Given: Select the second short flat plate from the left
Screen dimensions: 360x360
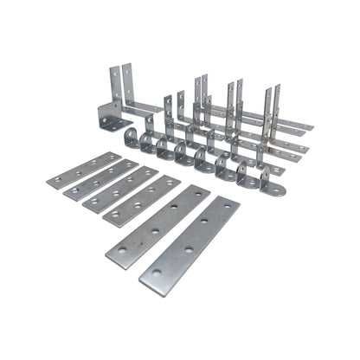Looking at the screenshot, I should tap(102, 180).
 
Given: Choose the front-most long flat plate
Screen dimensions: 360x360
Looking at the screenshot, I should tap(189, 244).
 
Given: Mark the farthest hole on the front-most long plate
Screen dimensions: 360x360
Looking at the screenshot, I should tap(224, 210).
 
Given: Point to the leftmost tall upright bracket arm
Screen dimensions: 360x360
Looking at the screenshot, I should tap(114, 82).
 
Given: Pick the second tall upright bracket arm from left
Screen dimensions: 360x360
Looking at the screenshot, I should tap(129, 85).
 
